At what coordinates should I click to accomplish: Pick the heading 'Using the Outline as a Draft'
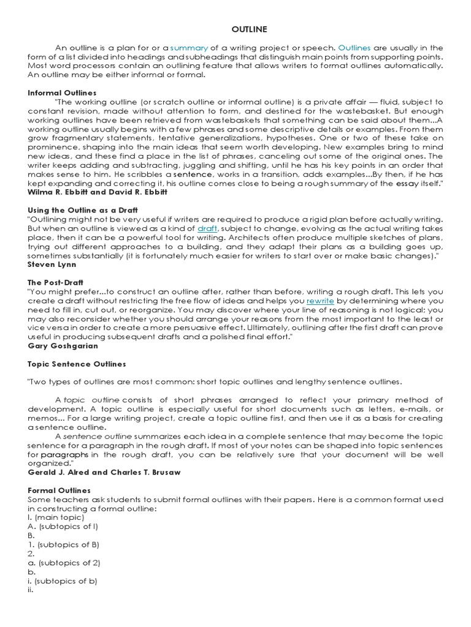(x=83, y=210)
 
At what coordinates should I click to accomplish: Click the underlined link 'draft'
(x=207, y=228)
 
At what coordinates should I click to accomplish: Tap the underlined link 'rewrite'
(x=320, y=301)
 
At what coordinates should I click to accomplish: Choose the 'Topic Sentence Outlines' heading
(x=77, y=364)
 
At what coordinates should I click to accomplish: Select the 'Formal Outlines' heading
(x=59, y=490)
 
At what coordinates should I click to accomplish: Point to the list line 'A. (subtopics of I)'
(x=63, y=527)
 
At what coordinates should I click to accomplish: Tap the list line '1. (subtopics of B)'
(x=64, y=544)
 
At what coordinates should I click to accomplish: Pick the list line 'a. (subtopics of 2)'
(x=64, y=562)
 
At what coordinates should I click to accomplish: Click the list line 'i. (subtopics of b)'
(x=63, y=580)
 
